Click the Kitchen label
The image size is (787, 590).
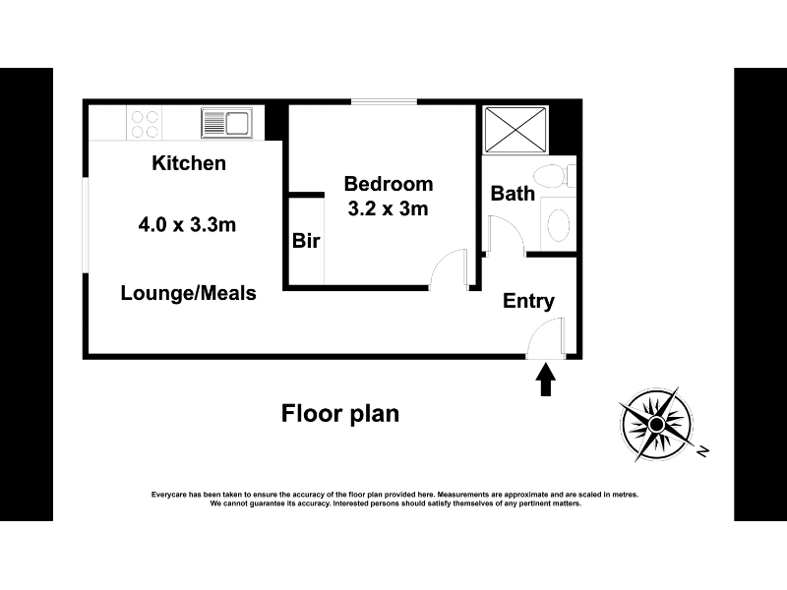(x=189, y=163)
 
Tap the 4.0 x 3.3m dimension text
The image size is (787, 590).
(x=187, y=225)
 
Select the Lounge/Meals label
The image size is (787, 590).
(x=188, y=293)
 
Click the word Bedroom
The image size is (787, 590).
(x=389, y=184)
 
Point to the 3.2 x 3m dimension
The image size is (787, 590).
(x=388, y=208)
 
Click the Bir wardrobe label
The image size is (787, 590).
(x=306, y=241)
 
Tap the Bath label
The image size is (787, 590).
(x=513, y=194)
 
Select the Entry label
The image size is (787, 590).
(x=528, y=301)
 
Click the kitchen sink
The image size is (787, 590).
(x=227, y=122)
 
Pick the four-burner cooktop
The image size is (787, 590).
(x=145, y=124)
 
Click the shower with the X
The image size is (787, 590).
(x=515, y=130)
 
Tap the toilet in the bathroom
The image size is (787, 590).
(x=555, y=176)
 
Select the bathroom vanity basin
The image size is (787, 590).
(x=558, y=224)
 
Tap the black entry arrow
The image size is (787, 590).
(x=546, y=380)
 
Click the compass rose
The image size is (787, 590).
(x=656, y=425)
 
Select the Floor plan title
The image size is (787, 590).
(x=340, y=414)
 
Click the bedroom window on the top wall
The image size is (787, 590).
(x=384, y=102)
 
